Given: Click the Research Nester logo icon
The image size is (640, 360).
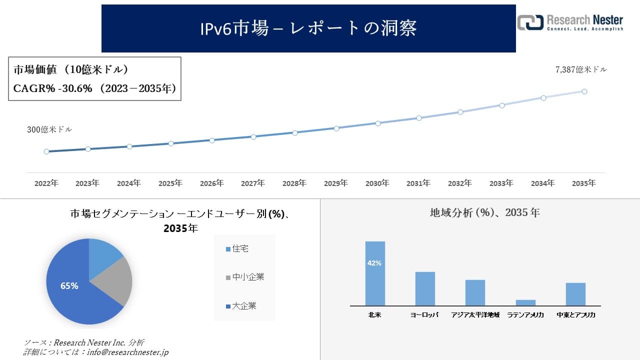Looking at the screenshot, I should coord(530,22).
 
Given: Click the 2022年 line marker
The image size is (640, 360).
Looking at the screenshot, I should coord(46,151).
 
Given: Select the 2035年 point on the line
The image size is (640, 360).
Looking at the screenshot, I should coord(584,91).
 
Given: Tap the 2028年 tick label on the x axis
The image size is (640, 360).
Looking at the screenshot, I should coord(294,183).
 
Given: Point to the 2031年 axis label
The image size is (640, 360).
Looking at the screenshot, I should coord(418,183).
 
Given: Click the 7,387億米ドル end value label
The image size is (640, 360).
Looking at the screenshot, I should coord(581,70).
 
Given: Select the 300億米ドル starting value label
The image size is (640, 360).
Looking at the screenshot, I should coord(49,129).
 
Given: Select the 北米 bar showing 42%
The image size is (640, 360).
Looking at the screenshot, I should coord(375,273).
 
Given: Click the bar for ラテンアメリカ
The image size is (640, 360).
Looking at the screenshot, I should coord(525,302).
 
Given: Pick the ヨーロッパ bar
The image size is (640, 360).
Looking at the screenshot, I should coord(425,288).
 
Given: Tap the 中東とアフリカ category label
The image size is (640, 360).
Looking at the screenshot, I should coord(575,315).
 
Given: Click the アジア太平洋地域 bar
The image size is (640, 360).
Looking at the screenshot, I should coord(475,292).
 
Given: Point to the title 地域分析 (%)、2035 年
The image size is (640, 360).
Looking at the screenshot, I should coord(484,212).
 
